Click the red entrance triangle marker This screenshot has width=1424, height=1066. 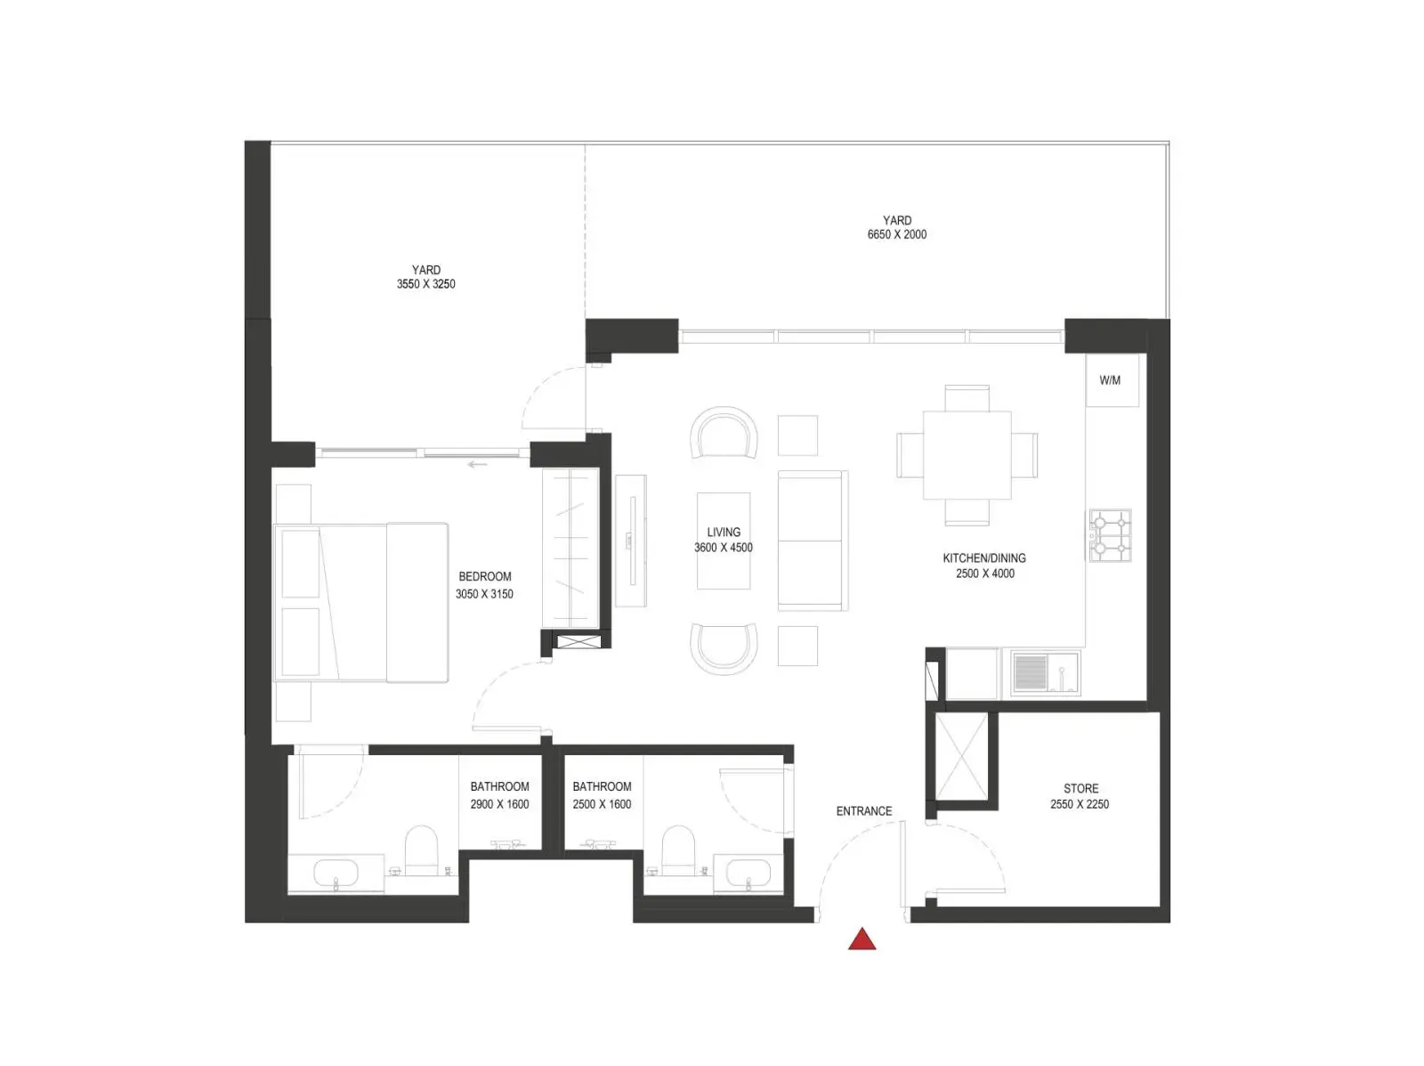click(x=862, y=940)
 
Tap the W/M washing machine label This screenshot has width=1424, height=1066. click(x=1109, y=380)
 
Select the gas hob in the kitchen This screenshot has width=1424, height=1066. click(x=1110, y=535)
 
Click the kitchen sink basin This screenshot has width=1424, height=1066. click(x=1031, y=672)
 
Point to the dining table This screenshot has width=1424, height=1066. click(x=967, y=455)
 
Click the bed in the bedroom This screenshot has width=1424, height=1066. click(x=361, y=603)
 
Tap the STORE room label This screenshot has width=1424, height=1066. click(x=1080, y=789)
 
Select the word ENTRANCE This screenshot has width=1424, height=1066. click(x=863, y=811)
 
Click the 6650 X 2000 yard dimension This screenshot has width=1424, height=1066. click(x=896, y=234)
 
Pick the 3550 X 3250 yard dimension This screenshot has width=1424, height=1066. click(x=425, y=284)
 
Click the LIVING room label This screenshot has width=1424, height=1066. click(x=724, y=532)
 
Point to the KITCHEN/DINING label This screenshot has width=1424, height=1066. click(x=984, y=557)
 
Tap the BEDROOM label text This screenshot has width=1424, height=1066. click(x=485, y=576)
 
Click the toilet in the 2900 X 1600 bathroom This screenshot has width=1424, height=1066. click(x=422, y=850)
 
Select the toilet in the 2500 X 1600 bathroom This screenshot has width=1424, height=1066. click(x=678, y=850)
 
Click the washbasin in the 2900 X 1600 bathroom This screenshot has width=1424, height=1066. click(x=336, y=873)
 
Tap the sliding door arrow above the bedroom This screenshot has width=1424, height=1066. click(x=477, y=464)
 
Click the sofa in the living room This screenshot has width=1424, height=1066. click(x=813, y=541)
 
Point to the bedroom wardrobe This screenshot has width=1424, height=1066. click(x=570, y=548)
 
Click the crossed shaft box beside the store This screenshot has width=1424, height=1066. click(x=961, y=757)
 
